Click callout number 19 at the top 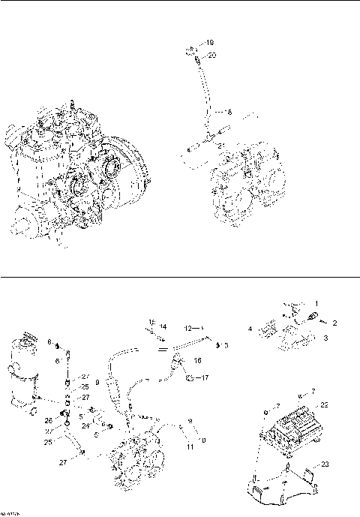click(210, 42)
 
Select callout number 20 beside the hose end click(211, 55)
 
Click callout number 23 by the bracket click(325, 465)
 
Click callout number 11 click(190, 447)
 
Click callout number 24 click(87, 425)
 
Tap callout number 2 click(335, 323)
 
